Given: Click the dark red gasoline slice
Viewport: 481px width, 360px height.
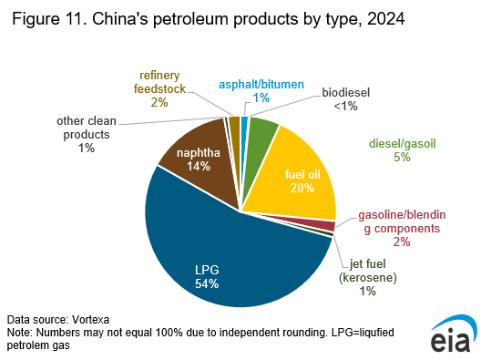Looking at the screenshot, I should pyautogui.click(x=327, y=225).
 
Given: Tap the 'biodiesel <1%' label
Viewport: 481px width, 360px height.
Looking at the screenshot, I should pyautogui.click(x=345, y=99).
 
